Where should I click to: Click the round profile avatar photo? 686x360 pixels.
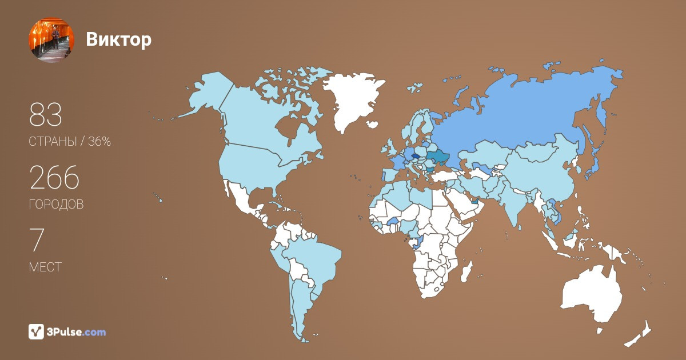click(x=51, y=40)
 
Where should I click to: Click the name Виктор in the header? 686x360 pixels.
click(x=119, y=39)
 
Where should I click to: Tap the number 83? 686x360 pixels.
click(x=46, y=116)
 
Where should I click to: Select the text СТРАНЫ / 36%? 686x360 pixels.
click(x=70, y=142)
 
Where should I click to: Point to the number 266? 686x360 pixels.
click(x=54, y=178)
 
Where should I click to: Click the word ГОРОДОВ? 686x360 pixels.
click(x=56, y=204)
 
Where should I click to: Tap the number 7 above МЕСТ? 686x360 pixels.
click(x=37, y=241)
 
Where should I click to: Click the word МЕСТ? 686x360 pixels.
click(x=45, y=267)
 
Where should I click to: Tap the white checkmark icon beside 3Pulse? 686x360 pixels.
click(x=36, y=331)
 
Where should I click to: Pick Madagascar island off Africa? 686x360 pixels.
click(x=466, y=273)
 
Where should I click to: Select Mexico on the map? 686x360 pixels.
click(x=240, y=200)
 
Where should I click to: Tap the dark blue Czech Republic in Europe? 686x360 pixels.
click(x=416, y=154)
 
